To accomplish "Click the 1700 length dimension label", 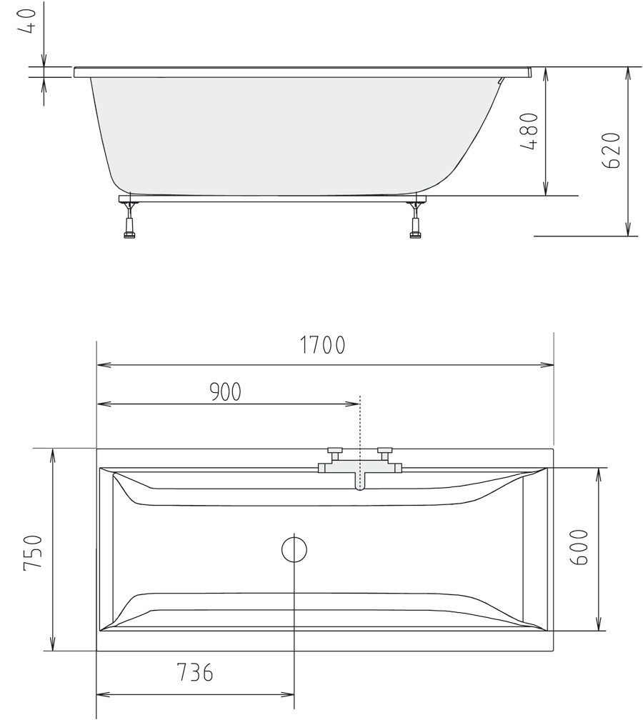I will point(322,346).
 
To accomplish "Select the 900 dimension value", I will point(225,391).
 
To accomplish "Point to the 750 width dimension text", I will point(34,551).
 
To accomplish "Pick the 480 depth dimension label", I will point(528,131).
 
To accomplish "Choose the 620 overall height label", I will point(611,150).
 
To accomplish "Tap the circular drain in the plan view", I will point(294,549).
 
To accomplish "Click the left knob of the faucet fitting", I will point(335,452).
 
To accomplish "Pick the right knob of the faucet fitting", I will point(385,452).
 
